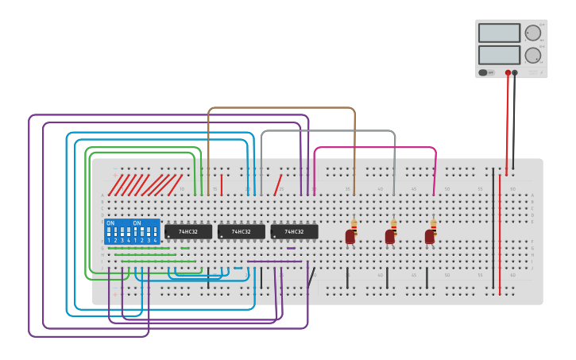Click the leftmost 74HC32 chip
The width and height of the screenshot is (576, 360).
tap(188, 231)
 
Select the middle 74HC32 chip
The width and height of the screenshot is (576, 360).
tap(242, 231)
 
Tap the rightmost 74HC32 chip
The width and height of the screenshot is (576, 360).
tap(294, 231)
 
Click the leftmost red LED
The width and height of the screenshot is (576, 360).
tap(350, 236)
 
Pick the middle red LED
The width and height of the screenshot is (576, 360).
tap(389, 236)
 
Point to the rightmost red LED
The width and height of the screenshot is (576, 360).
tap(429, 236)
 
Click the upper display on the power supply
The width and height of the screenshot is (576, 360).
tap(499, 33)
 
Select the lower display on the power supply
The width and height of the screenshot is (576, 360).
tap(499, 55)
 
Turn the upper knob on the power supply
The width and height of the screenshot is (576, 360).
tap(532, 33)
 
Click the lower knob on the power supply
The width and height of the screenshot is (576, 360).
tap(532, 55)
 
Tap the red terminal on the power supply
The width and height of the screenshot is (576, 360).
tap(508, 72)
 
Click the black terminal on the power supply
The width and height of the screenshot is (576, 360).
tap(515, 72)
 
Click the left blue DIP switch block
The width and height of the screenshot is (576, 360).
tap(118, 231)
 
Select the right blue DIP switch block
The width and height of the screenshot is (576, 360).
tap(145, 231)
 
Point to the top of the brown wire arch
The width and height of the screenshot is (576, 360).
tap(281, 108)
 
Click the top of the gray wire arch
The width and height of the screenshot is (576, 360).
tap(327, 131)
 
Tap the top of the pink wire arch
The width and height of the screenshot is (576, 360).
tap(375, 147)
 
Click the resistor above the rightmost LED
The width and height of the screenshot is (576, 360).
tap(433, 225)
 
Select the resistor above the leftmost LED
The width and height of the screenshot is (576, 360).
tap(354, 225)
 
